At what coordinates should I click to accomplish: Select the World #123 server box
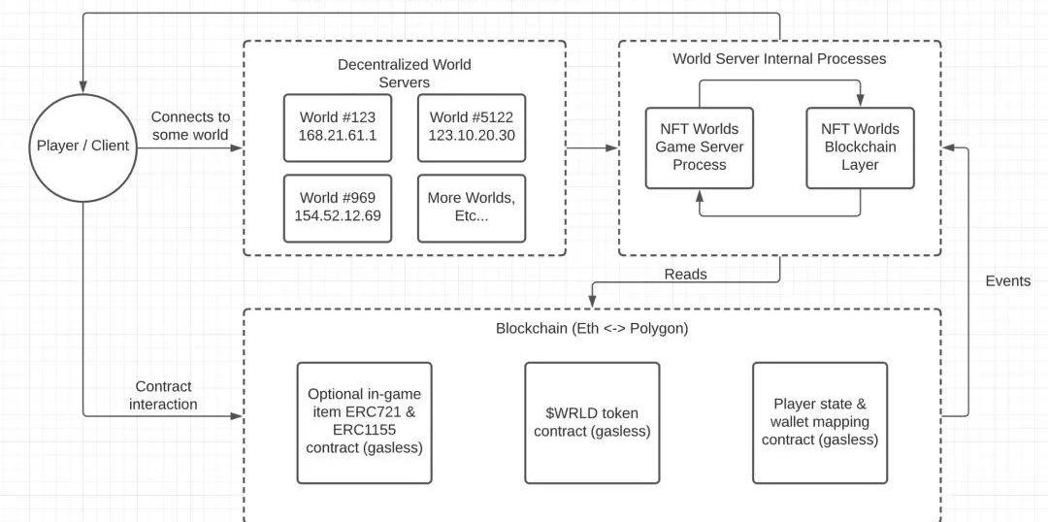click(x=338, y=127)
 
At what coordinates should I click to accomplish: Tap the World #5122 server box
click(x=471, y=127)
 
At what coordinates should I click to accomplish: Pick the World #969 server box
click(x=338, y=208)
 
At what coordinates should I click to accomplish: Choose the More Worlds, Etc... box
click(x=471, y=208)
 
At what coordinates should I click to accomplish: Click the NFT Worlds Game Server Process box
click(x=698, y=147)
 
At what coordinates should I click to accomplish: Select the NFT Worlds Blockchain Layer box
click(x=860, y=147)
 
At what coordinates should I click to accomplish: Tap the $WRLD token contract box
click(x=592, y=423)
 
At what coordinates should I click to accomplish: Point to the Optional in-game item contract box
click(x=364, y=423)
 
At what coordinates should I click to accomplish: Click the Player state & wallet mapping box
click(x=820, y=423)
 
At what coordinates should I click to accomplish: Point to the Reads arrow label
click(x=685, y=275)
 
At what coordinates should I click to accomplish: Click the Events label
click(x=1007, y=280)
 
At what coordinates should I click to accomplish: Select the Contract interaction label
click(x=163, y=395)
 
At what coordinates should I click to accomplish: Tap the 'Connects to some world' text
click(x=190, y=126)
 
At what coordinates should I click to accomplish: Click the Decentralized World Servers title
click(x=404, y=74)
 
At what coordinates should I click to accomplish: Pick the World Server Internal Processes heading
click(x=779, y=59)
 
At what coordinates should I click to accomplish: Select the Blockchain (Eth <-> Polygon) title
click(x=592, y=328)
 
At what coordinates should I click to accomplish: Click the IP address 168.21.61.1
click(x=338, y=137)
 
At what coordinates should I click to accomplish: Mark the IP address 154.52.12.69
click(x=338, y=216)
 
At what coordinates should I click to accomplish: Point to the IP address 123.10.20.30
click(x=471, y=137)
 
